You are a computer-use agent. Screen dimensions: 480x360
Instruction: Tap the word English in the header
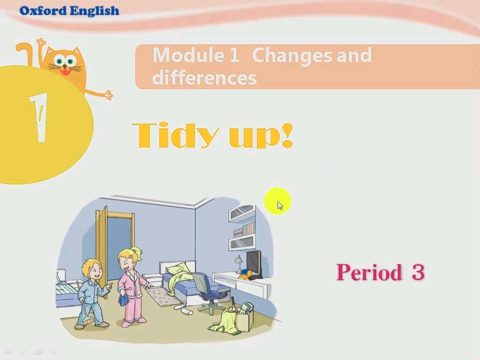(94, 11)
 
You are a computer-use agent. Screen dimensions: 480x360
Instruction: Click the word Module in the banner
(188, 55)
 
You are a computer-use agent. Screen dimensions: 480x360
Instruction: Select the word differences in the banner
(204, 78)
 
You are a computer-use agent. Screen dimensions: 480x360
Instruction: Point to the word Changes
(292, 56)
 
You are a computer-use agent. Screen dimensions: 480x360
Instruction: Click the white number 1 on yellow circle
(39, 117)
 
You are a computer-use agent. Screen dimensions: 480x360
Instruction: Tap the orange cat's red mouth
(65, 71)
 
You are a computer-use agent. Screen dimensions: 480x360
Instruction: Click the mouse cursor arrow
(280, 205)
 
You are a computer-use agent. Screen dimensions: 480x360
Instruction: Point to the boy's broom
(86, 315)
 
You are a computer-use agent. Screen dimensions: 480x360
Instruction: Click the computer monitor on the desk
(255, 264)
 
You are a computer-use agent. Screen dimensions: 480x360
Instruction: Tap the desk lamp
(238, 264)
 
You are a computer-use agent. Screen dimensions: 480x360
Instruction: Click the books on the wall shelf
(244, 230)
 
